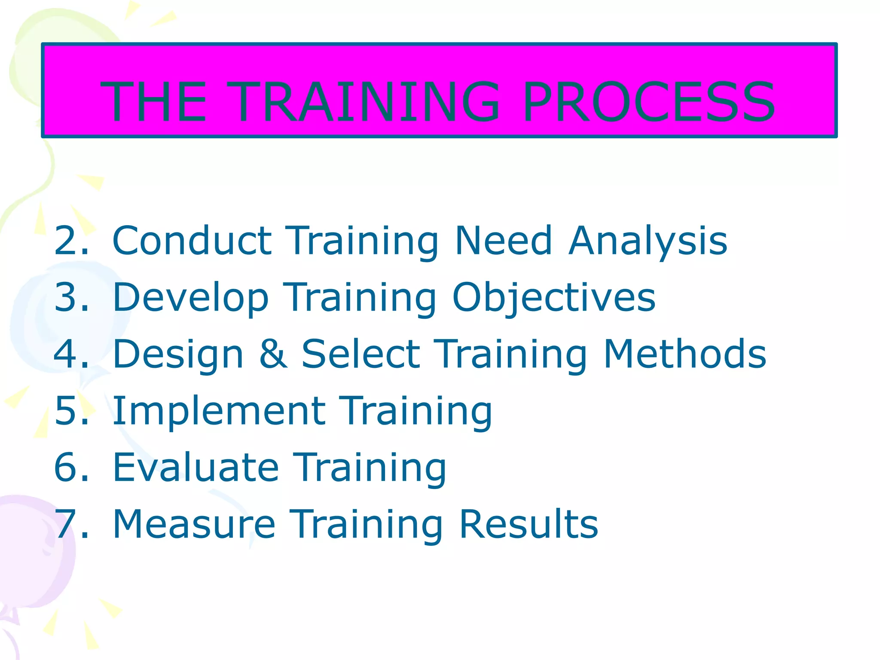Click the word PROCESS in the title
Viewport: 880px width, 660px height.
click(649, 102)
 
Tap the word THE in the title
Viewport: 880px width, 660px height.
click(153, 102)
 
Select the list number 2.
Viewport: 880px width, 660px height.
click(71, 241)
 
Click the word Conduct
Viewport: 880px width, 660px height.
click(192, 241)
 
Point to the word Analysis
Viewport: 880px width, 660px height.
click(648, 241)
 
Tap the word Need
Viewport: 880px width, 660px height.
click(503, 241)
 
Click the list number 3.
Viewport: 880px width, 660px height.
click(71, 297)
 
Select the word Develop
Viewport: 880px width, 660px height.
click(190, 297)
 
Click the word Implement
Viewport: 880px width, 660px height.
click(219, 411)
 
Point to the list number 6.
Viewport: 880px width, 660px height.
click(71, 467)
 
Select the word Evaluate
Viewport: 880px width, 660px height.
click(196, 467)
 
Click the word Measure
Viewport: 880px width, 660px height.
click(193, 524)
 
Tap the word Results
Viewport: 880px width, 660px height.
click(528, 524)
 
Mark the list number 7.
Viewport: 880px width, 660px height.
click(71, 524)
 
